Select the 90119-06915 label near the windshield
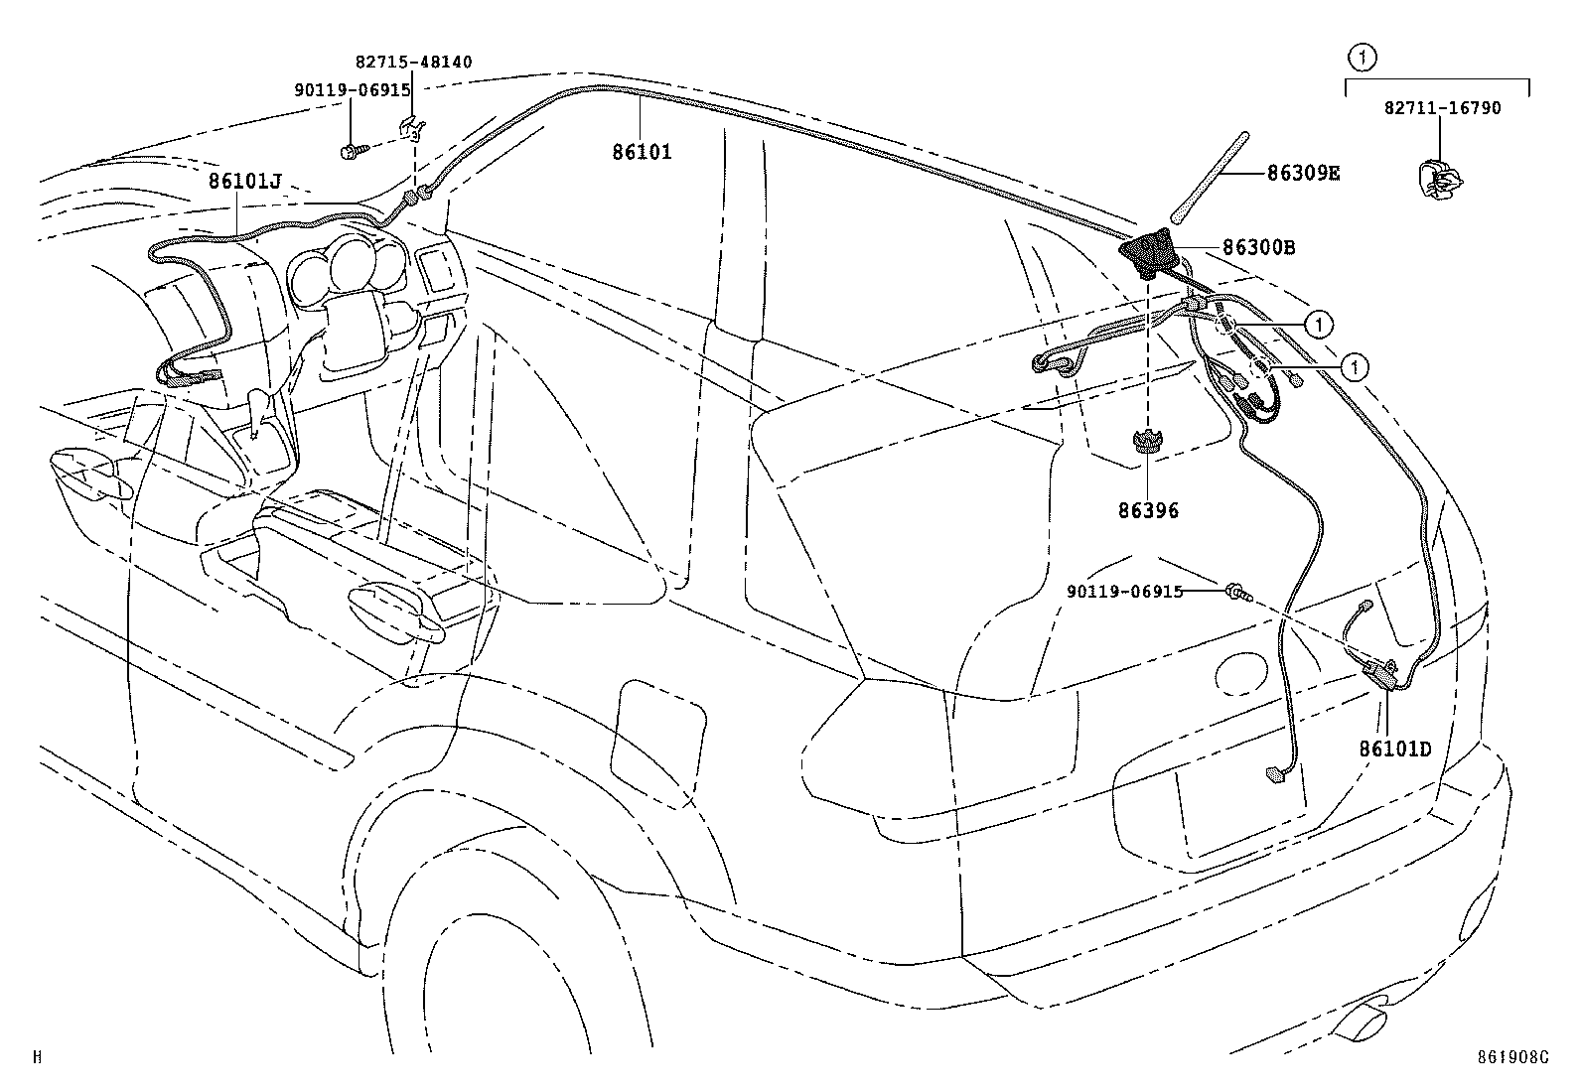click(x=352, y=89)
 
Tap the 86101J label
click(x=245, y=181)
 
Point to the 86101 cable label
click(x=642, y=152)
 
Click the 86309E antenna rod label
click(x=1303, y=174)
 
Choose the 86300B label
click(x=1258, y=248)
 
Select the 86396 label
click(x=1148, y=511)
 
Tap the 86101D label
click(x=1395, y=749)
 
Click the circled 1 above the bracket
click(x=1363, y=58)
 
